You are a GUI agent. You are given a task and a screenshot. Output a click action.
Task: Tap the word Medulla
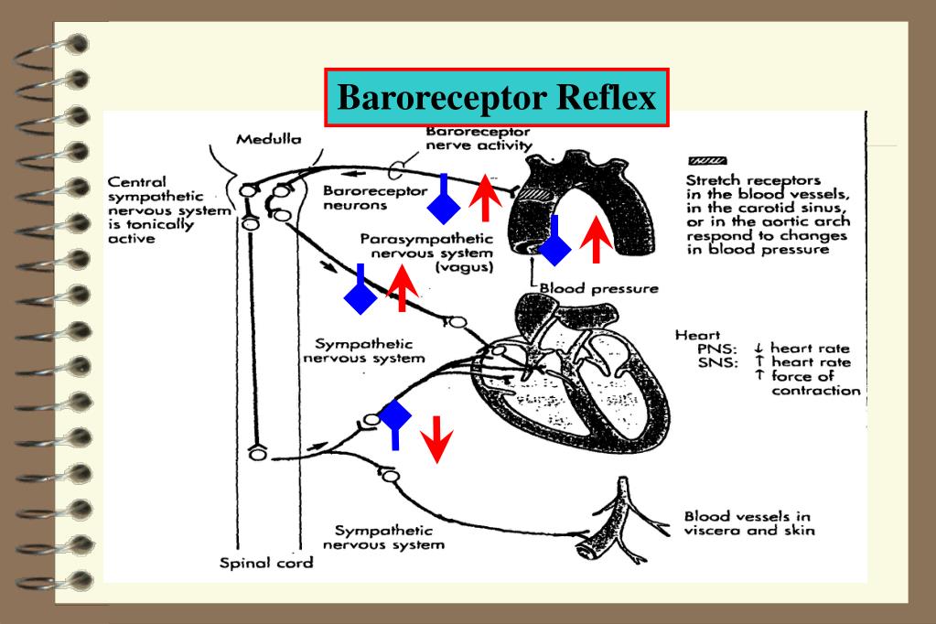click(x=268, y=140)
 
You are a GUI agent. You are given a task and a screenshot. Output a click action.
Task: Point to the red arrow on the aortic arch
click(x=597, y=239)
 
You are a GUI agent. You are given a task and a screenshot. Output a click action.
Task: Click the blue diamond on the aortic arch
click(x=554, y=244)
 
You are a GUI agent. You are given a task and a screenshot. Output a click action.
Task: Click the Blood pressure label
click(x=598, y=288)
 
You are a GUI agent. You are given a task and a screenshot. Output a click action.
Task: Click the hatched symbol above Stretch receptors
click(x=702, y=160)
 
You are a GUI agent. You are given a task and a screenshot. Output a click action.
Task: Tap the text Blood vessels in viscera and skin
click(x=748, y=523)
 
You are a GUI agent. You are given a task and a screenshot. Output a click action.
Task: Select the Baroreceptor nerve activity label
click(x=478, y=138)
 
